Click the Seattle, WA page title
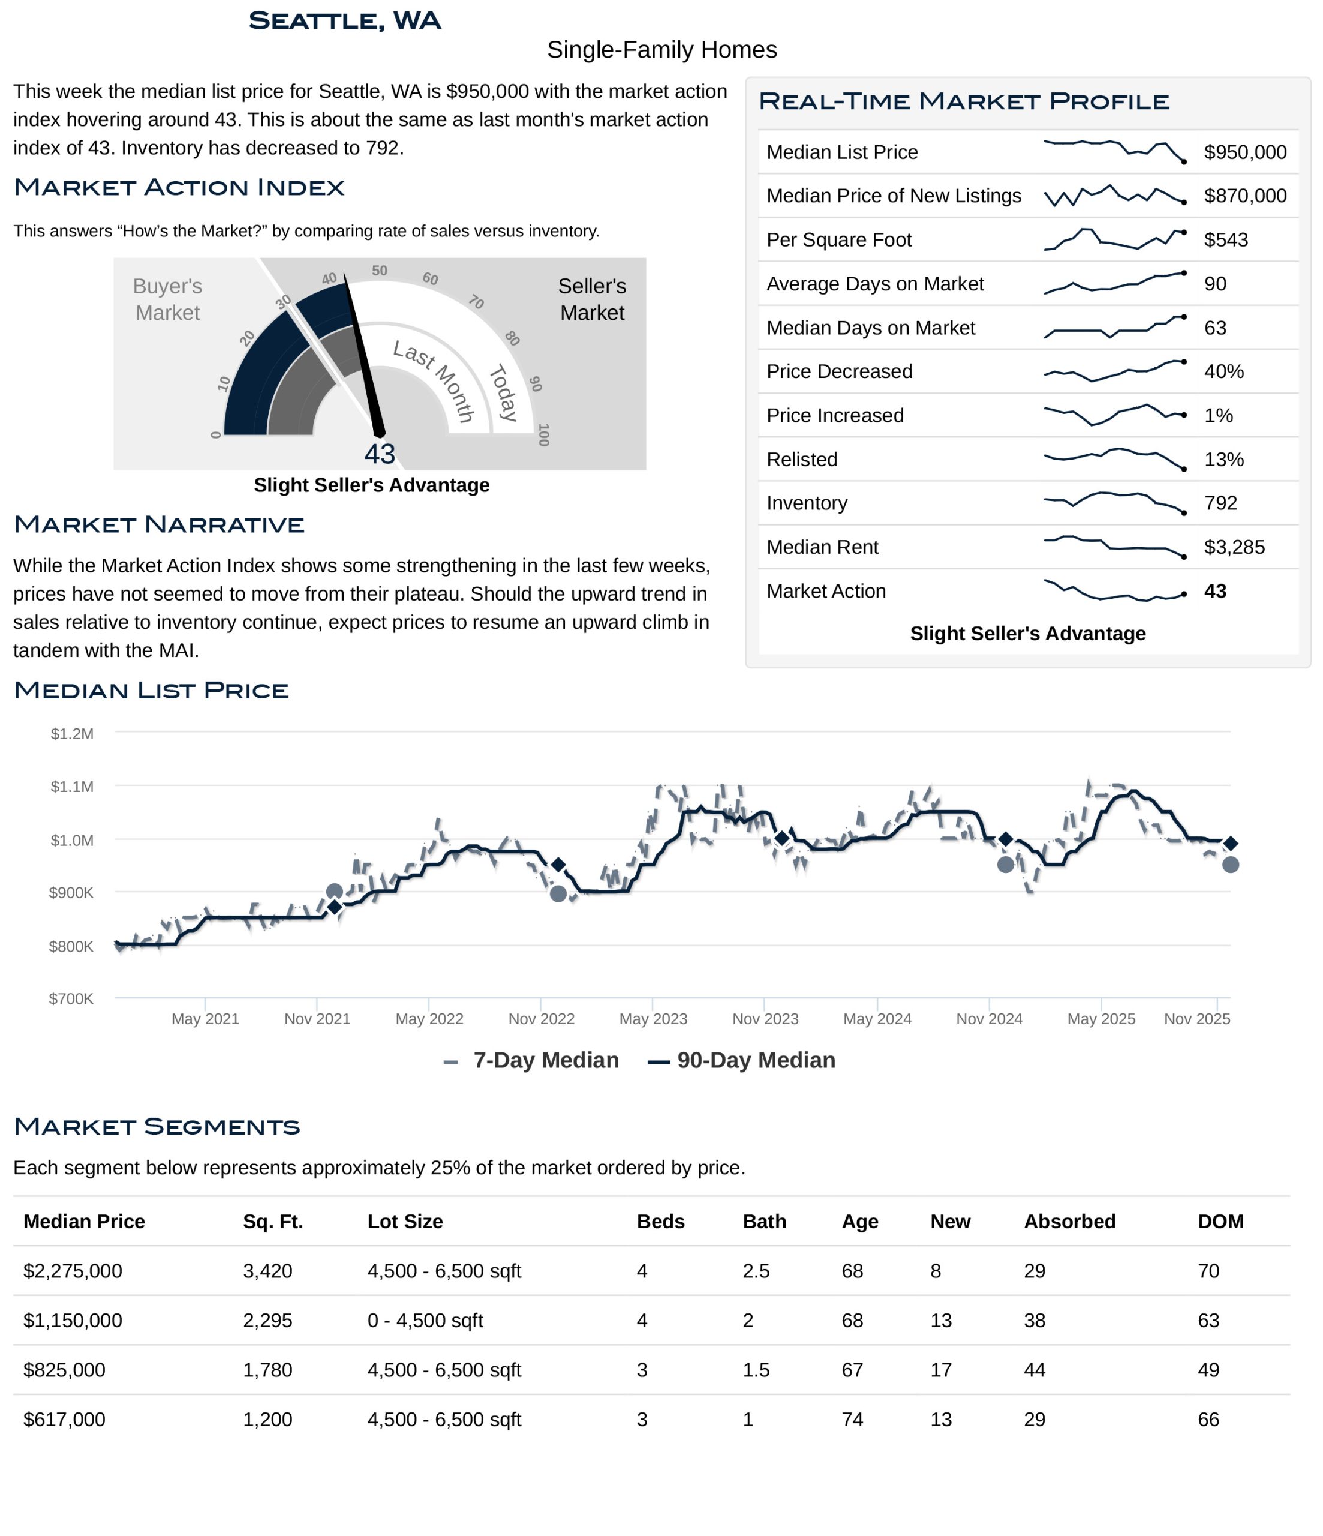[x=345, y=21]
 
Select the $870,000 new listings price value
[x=1244, y=196]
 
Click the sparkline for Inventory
[x=1114, y=503]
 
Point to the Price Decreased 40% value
[x=1223, y=371]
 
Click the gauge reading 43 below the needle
[x=380, y=454]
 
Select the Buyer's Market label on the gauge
[x=167, y=299]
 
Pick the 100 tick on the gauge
[x=543, y=435]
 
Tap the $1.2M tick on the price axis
[x=72, y=734]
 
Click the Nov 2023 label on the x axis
[x=765, y=1019]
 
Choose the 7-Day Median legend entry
[x=532, y=1060]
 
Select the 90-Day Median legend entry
[x=742, y=1060]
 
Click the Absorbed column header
[x=1069, y=1222]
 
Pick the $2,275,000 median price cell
[x=73, y=1271]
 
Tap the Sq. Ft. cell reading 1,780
[x=267, y=1370]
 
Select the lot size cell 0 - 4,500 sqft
[x=425, y=1320]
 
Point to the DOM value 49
[x=1208, y=1370]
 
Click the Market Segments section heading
[x=157, y=1127]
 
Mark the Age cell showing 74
[x=852, y=1420]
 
